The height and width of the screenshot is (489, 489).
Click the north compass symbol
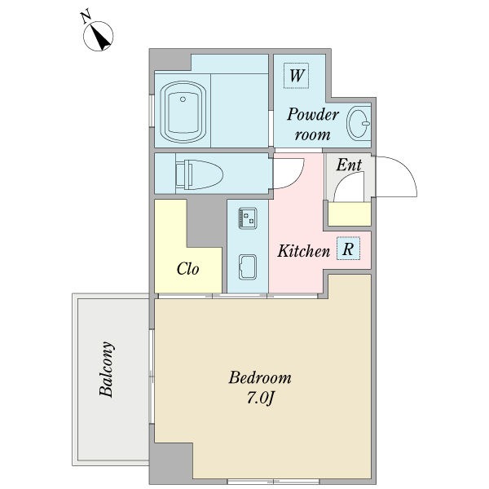(x=99, y=36)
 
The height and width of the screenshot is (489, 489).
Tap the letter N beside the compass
(x=86, y=16)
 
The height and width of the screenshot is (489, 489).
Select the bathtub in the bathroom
(x=183, y=112)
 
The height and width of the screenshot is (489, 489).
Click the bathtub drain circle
(x=183, y=99)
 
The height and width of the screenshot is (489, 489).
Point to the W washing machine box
(x=296, y=76)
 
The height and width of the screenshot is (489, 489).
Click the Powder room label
(x=313, y=124)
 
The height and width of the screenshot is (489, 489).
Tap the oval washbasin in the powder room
(x=359, y=123)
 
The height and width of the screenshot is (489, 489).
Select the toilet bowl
(x=199, y=174)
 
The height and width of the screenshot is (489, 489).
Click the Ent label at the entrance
(x=349, y=165)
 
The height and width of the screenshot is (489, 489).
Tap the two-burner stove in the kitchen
(x=248, y=218)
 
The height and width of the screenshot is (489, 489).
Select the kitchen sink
(x=248, y=267)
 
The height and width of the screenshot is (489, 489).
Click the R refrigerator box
(x=348, y=249)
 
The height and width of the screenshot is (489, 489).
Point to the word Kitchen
(x=303, y=251)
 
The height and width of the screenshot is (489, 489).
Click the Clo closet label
(x=187, y=268)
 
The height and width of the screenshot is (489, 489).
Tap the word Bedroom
(x=260, y=377)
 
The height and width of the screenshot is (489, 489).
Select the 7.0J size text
(x=260, y=398)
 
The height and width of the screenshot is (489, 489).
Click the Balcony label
(x=106, y=369)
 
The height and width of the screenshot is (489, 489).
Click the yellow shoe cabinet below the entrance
(x=350, y=214)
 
